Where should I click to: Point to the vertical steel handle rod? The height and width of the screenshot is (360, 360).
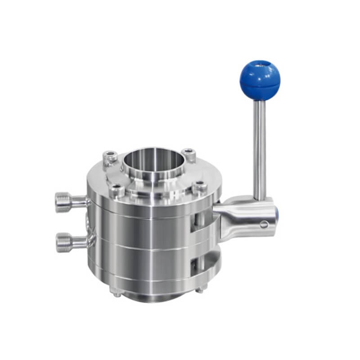(x=259, y=148)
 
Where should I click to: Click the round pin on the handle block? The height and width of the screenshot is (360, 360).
(x=264, y=224)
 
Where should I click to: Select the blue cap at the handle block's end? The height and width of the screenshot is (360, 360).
(x=276, y=216)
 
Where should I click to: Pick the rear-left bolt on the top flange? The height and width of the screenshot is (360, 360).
(x=110, y=158)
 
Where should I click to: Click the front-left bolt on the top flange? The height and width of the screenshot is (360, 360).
(x=118, y=190)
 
